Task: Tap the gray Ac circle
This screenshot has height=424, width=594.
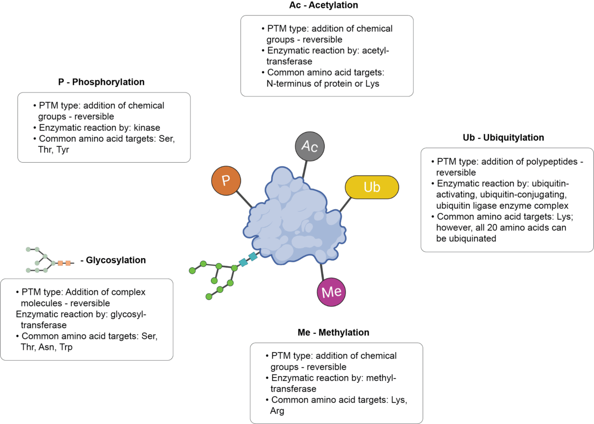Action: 310,146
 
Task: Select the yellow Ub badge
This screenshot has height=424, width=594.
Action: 372,187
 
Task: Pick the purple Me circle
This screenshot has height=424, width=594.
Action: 331,292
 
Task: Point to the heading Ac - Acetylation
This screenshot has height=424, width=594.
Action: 324,5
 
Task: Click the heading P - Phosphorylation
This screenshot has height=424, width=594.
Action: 101,82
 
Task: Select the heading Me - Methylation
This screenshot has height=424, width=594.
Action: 334,332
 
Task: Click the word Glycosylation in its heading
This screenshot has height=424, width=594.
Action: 116,260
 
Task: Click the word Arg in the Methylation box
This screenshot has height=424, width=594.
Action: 277,411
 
